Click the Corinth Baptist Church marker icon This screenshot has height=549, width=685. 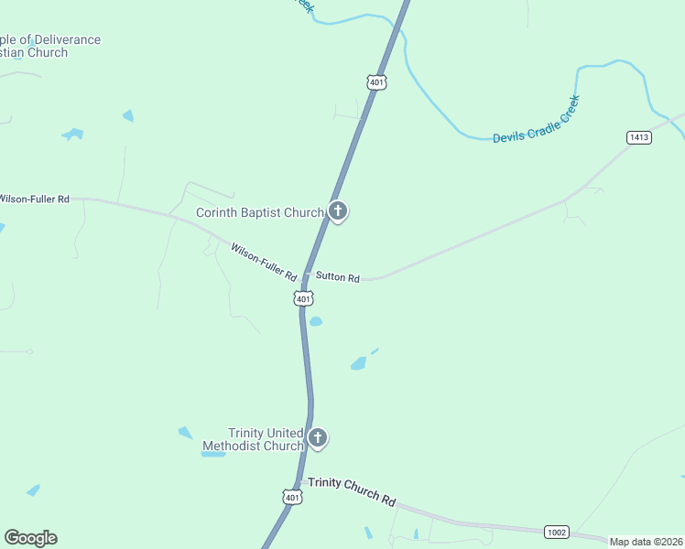tap(338, 212)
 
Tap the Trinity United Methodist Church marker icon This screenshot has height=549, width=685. tap(318, 438)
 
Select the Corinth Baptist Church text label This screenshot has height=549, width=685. tap(260, 213)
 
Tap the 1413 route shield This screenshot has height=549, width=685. tap(639, 137)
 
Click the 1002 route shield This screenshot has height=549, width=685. tap(556, 532)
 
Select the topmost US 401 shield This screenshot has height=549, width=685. tap(377, 82)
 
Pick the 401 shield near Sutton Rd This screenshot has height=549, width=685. tap(304, 298)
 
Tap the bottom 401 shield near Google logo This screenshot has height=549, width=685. tap(291, 497)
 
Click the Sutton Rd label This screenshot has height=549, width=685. tap(338, 276)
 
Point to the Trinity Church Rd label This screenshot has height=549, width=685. tap(352, 491)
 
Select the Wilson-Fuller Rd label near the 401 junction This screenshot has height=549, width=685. tap(264, 262)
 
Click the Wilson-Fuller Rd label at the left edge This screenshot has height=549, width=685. tap(35, 199)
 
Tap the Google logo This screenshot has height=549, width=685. tap(30, 538)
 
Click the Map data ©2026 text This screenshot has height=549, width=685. tap(647, 542)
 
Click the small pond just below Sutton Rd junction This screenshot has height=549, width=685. tap(316, 321)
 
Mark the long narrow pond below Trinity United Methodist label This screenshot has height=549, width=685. tap(213, 454)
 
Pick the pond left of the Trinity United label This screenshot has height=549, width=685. tap(186, 433)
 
